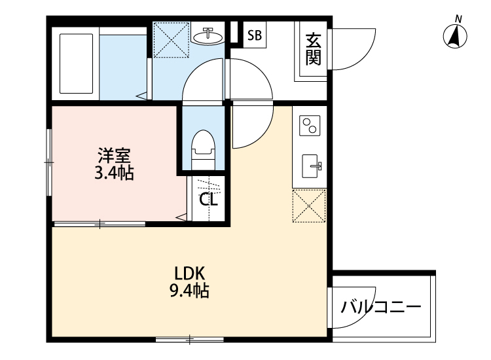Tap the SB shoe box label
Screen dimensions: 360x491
coord(255,36)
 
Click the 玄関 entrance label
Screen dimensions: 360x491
coord(312,50)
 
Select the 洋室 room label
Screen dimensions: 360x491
coord(115,156)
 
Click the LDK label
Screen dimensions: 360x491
coord(190,274)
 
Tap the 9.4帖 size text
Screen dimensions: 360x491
coord(190,291)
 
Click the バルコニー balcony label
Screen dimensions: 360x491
coord(381,306)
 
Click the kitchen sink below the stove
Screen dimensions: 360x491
coord(310,166)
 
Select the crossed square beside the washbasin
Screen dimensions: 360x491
coord(172,40)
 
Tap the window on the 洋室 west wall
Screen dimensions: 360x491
coord(49,160)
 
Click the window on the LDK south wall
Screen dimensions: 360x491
coord(190,339)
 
